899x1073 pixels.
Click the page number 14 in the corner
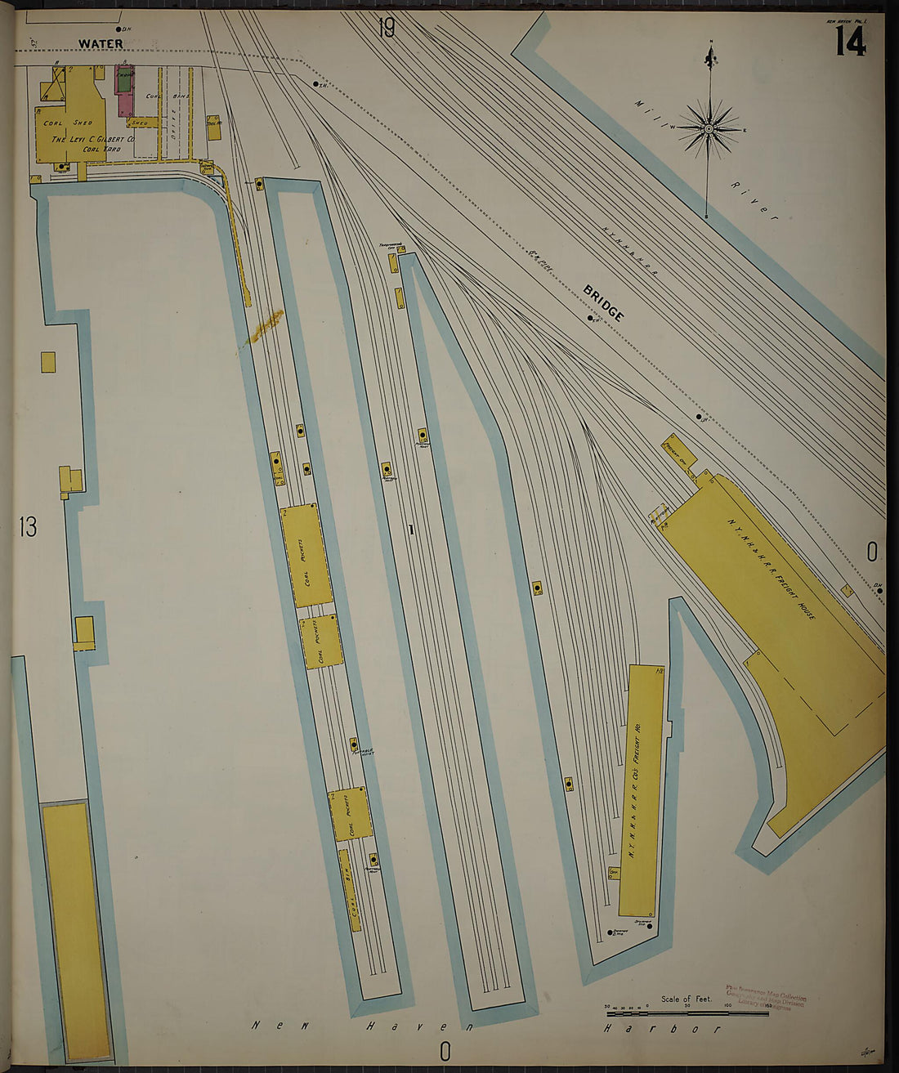pyautogui.click(x=850, y=41)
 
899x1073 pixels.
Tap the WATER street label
pyautogui.click(x=101, y=43)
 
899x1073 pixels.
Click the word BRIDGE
pyautogui.click(x=604, y=303)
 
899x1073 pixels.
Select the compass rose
pyautogui.click(x=709, y=128)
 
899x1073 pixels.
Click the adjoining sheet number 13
pyautogui.click(x=28, y=528)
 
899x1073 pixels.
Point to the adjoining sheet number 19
pyautogui.click(x=386, y=29)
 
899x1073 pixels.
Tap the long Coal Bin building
pyautogui.click(x=350, y=891)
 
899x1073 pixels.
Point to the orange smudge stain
pyautogui.click(x=263, y=326)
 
